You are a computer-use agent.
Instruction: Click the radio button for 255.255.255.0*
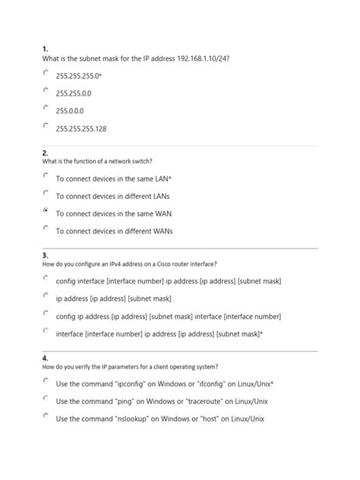pyautogui.click(x=46, y=74)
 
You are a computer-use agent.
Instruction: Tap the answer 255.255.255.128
pyautogui.click(x=81, y=129)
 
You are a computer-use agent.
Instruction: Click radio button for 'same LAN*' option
pyautogui.click(x=46, y=175)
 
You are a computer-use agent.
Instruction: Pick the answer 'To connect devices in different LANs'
pyautogui.click(x=112, y=196)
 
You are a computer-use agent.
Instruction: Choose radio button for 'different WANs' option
pyautogui.click(x=46, y=228)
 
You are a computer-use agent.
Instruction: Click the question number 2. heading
pyautogui.click(x=46, y=152)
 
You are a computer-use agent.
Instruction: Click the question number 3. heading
pyautogui.click(x=46, y=255)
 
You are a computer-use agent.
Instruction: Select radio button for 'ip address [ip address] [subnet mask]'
pyautogui.click(x=46, y=296)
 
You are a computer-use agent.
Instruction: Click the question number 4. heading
pyautogui.click(x=46, y=358)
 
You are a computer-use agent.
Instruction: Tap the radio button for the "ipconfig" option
pyautogui.click(x=46, y=381)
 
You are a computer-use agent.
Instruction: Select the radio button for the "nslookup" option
pyautogui.click(x=46, y=416)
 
